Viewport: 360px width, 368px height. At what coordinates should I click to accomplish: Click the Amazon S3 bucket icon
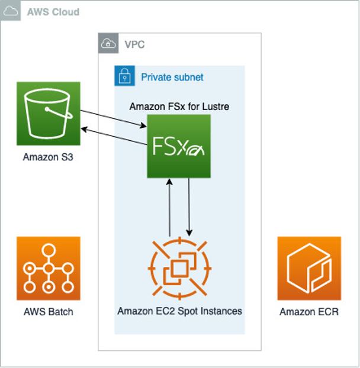[48, 113]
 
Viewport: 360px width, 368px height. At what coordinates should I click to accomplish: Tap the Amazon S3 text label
[48, 157]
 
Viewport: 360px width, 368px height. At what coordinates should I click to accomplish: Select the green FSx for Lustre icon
[179, 146]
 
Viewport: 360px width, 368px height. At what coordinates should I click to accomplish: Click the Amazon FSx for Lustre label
[179, 106]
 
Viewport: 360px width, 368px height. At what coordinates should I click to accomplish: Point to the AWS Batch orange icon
[48, 268]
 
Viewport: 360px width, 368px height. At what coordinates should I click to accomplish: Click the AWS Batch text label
[48, 312]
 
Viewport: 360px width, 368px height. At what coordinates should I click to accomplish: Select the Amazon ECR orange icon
[309, 268]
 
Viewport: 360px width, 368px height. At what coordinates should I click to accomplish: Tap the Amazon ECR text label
[309, 312]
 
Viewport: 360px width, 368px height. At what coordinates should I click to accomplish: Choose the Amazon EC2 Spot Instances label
[179, 311]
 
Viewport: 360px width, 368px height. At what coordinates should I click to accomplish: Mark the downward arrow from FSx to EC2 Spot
[189, 207]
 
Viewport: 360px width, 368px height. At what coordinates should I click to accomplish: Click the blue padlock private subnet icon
[124, 76]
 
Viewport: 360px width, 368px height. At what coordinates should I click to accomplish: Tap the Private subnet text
[172, 77]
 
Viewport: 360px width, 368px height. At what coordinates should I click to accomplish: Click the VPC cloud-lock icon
[108, 44]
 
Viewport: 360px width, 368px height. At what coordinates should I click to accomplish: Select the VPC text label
[134, 44]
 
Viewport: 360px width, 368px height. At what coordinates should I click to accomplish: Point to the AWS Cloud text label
[53, 12]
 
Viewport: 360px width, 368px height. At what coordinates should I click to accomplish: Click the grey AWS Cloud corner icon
[11, 11]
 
